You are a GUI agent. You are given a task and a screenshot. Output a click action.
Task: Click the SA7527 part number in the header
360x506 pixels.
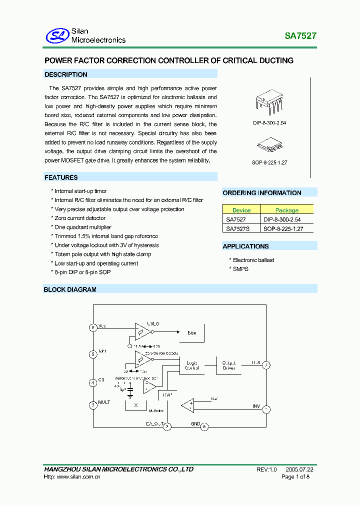tap(300, 36)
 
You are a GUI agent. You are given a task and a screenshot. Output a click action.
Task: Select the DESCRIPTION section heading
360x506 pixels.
tap(66, 74)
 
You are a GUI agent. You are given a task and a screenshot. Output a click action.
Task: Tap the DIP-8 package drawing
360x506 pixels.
tap(269, 101)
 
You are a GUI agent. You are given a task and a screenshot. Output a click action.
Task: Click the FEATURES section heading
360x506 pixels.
tap(61, 177)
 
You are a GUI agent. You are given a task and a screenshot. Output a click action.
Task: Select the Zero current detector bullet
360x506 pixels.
tap(80, 218)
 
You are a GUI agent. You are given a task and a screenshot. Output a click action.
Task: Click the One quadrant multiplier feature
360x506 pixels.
tap(82, 227)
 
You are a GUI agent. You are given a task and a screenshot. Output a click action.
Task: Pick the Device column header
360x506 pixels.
tap(241, 210)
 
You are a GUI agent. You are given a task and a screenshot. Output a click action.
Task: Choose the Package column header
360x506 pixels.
tap(286, 210)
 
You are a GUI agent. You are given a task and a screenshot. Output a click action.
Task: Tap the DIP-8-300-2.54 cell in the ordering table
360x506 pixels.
tap(282, 219)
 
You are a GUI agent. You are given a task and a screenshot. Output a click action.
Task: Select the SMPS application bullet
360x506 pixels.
tap(240, 269)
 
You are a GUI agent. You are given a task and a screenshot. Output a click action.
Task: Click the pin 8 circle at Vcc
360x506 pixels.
tap(92, 327)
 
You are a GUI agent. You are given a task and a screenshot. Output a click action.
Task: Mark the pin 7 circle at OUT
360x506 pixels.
tap(266, 365)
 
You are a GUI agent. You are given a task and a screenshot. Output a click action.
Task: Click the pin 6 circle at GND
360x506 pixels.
tap(204, 426)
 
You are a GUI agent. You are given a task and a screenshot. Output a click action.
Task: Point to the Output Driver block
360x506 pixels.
tap(229, 365)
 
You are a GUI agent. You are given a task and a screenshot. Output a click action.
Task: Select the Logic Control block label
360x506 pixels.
tap(192, 365)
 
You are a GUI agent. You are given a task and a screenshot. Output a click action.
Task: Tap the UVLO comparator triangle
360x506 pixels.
tap(141, 331)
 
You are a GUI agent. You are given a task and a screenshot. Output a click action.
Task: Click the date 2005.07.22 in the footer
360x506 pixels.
tap(300, 469)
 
